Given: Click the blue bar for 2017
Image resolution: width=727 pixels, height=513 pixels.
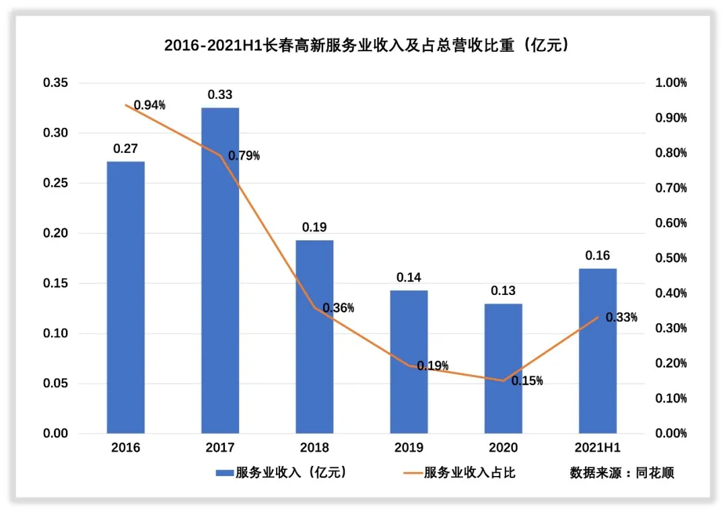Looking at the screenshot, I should click(220, 270).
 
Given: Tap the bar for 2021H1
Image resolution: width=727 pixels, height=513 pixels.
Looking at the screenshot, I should click(598, 350).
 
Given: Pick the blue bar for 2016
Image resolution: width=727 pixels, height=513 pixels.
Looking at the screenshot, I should click(126, 297).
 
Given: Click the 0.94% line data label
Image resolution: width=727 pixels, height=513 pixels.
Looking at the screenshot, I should click(149, 105).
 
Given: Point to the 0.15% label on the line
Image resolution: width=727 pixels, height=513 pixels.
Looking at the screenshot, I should click(527, 381).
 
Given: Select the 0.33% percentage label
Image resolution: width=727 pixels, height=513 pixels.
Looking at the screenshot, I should click(621, 318).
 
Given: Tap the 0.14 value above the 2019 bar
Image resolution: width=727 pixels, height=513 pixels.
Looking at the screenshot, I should click(409, 277).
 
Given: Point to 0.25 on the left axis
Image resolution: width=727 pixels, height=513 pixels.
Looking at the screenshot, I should click(56, 183).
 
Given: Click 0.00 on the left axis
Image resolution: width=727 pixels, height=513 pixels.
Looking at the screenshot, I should click(56, 434).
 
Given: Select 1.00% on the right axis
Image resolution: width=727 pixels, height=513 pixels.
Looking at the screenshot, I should click(670, 83).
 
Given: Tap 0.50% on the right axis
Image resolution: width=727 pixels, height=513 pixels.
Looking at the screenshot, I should click(670, 259).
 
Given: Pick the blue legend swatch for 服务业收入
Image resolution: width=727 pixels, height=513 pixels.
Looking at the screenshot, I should click(224, 473).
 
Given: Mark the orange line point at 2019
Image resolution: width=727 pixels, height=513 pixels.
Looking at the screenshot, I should click(409, 366).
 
